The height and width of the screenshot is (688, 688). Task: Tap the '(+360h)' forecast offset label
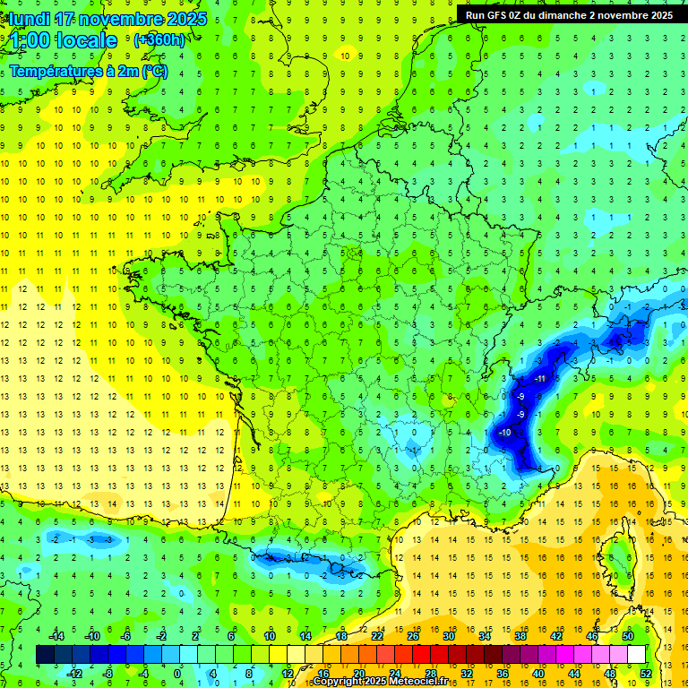159,39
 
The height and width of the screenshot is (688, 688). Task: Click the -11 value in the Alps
540,379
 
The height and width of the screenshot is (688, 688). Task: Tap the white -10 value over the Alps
505,433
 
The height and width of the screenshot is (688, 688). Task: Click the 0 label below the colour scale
177,674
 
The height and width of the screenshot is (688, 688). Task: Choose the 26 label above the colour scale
412,636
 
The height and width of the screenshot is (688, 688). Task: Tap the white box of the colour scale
636,655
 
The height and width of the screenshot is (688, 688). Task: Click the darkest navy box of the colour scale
46,655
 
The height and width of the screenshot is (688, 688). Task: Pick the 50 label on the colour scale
628,636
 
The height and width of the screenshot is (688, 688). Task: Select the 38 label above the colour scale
520,636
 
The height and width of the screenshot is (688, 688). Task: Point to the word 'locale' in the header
86,40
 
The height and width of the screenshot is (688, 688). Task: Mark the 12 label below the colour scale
287,674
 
